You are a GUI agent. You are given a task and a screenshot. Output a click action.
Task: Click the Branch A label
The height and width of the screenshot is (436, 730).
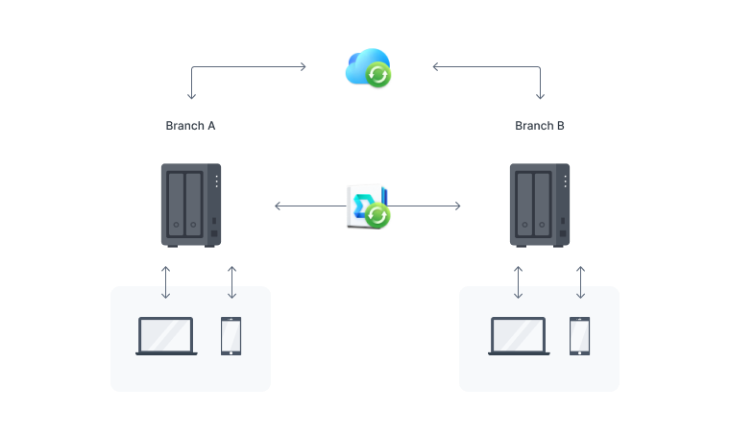190,126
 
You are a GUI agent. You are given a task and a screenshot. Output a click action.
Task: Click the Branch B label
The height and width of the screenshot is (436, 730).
540,126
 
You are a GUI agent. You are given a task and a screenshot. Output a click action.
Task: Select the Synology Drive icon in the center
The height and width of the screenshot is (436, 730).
366,206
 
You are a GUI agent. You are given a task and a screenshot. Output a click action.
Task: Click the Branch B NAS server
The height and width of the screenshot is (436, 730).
540,205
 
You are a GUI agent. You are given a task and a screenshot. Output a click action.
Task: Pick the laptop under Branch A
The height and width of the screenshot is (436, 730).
166,336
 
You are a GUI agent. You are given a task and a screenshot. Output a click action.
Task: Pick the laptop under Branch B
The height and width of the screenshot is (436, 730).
519,336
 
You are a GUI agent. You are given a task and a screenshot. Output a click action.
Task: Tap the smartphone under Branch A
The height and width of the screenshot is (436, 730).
231,336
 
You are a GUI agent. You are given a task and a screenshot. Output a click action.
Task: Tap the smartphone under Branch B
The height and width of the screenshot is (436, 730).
579,336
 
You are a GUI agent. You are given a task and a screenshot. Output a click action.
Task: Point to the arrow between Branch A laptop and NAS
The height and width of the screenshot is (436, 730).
166,281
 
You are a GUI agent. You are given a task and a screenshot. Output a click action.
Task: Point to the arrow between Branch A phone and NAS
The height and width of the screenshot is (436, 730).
231,281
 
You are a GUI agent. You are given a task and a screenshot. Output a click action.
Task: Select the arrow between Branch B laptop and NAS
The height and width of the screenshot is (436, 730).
519,281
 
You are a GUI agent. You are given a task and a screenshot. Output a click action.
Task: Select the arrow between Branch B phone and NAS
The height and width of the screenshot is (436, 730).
579,281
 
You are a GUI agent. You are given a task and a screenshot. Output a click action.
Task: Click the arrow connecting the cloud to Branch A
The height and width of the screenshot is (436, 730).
240,67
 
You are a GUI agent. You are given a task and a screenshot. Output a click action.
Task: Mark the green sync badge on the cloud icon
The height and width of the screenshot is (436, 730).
379,75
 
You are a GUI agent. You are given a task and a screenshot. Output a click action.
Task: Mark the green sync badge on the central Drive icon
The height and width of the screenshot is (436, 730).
377,215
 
